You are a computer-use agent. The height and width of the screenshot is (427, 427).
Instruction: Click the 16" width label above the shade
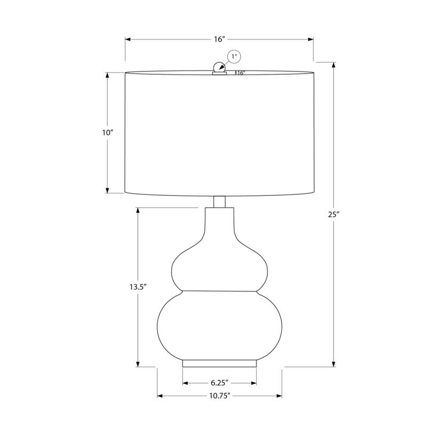(x=219, y=39)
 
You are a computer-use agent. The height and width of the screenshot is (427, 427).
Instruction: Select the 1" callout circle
(x=234, y=56)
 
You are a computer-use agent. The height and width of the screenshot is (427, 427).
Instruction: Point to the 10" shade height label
(x=108, y=132)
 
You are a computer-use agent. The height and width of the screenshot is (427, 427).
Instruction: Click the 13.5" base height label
(x=138, y=287)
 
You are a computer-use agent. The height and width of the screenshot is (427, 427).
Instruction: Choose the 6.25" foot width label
(x=219, y=383)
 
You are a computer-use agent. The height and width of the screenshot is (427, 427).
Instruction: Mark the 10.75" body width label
(x=219, y=396)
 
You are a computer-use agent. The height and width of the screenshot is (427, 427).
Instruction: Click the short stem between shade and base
(x=219, y=202)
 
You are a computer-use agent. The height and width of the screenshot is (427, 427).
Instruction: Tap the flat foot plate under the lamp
(x=219, y=363)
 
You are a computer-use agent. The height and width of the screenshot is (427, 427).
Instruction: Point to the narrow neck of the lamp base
(x=219, y=224)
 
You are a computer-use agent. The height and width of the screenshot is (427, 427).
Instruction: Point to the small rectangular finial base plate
(x=219, y=73)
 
